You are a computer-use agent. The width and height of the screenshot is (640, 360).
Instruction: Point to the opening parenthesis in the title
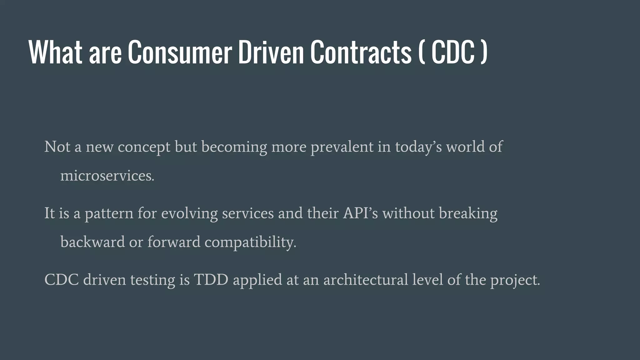pyautogui.click(x=422, y=52)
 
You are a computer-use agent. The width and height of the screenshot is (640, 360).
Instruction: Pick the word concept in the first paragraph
pyautogui.click(x=144, y=147)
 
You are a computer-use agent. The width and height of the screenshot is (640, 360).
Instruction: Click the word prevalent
pyautogui.click(x=342, y=147)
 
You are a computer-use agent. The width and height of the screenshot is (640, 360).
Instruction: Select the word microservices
pyautogui.click(x=107, y=176)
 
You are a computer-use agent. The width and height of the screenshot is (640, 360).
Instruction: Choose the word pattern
pyautogui.click(x=109, y=214)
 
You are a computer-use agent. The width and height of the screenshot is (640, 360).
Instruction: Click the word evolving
pyautogui.click(x=189, y=214)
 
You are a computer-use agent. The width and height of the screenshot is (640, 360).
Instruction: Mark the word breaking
pyautogui.click(x=468, y=214)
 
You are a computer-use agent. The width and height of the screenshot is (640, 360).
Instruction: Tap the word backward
pyautogui.click(x=92, y=242)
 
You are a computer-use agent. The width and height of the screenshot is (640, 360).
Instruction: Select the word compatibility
pyautogui.click(x=250, y=242)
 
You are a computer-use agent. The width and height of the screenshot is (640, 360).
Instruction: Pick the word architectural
pyautogui.click(x=366, y=279)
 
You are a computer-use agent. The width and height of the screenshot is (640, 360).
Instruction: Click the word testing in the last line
pyautogui.click(x=152, y=280)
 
